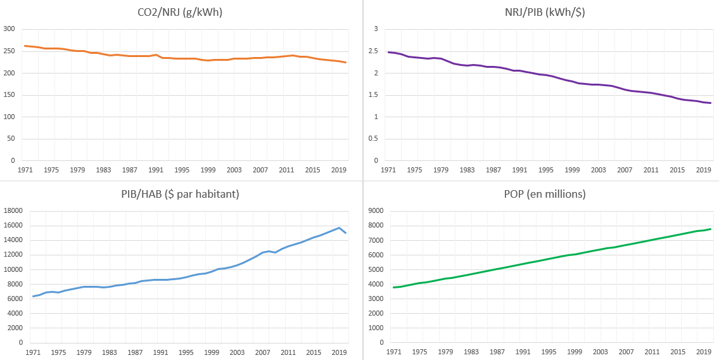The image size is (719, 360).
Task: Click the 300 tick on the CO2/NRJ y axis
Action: (9, 29)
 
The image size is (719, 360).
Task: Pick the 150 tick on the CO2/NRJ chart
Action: (9, 95)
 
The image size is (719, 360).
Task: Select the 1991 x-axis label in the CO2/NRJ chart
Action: (155, 170)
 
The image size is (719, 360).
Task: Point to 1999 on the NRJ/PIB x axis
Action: (572, 170)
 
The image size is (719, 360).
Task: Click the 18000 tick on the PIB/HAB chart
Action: (14, 211)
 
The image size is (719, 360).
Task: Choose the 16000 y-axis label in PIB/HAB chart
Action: (14, 226)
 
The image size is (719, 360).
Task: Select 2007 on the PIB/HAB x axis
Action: (262, 352)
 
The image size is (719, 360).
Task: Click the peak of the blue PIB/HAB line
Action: (340, 228)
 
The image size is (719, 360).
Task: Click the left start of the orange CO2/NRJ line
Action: (25, 46)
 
